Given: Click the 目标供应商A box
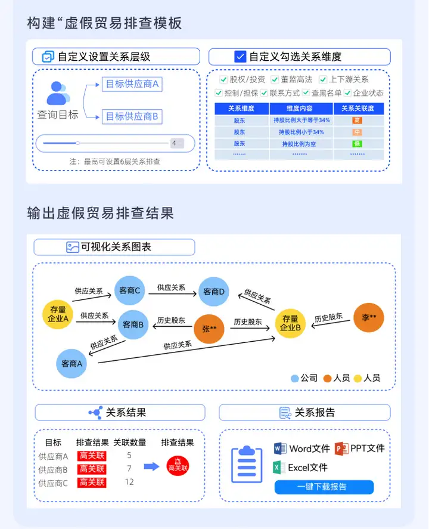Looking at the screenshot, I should point(132,84).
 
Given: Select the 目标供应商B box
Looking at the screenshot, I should point(132,116).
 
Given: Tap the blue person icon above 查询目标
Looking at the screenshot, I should point(58,93).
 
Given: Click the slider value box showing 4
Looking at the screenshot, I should point(177,143).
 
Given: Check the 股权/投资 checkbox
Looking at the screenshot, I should point(223,79).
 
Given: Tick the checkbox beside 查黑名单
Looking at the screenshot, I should point(306,93).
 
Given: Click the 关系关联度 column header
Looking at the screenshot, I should point(357,109).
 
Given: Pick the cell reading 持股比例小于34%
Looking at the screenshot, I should point(301,132).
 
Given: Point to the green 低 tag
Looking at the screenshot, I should point(357,143).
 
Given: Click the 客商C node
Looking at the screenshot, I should point(130,291).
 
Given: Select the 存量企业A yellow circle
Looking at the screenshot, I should point(58,314).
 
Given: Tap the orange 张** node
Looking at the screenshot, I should point(209,329).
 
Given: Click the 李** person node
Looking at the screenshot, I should point(369,317).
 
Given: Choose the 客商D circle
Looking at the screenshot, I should point(214,292).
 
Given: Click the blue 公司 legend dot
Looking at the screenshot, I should point(294,378).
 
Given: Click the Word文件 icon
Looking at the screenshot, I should point(281,448).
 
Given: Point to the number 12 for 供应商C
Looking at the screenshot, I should point(129,482).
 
